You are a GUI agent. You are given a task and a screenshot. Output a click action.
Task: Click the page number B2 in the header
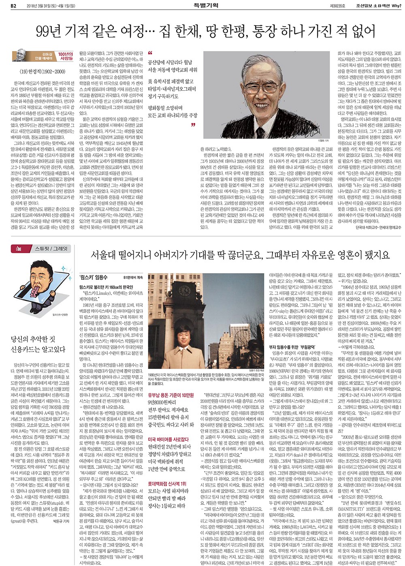pos(13,6)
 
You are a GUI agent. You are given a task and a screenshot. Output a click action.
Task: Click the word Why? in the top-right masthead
pos(396,6)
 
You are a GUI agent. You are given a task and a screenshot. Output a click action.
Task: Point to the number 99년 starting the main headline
pos(49,31)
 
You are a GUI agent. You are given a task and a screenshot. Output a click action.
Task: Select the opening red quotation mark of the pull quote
pos(150,53)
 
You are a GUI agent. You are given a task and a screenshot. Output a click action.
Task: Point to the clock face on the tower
pos(185,290)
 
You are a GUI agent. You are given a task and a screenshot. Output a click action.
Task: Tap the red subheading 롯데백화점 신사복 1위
pos(167,484)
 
